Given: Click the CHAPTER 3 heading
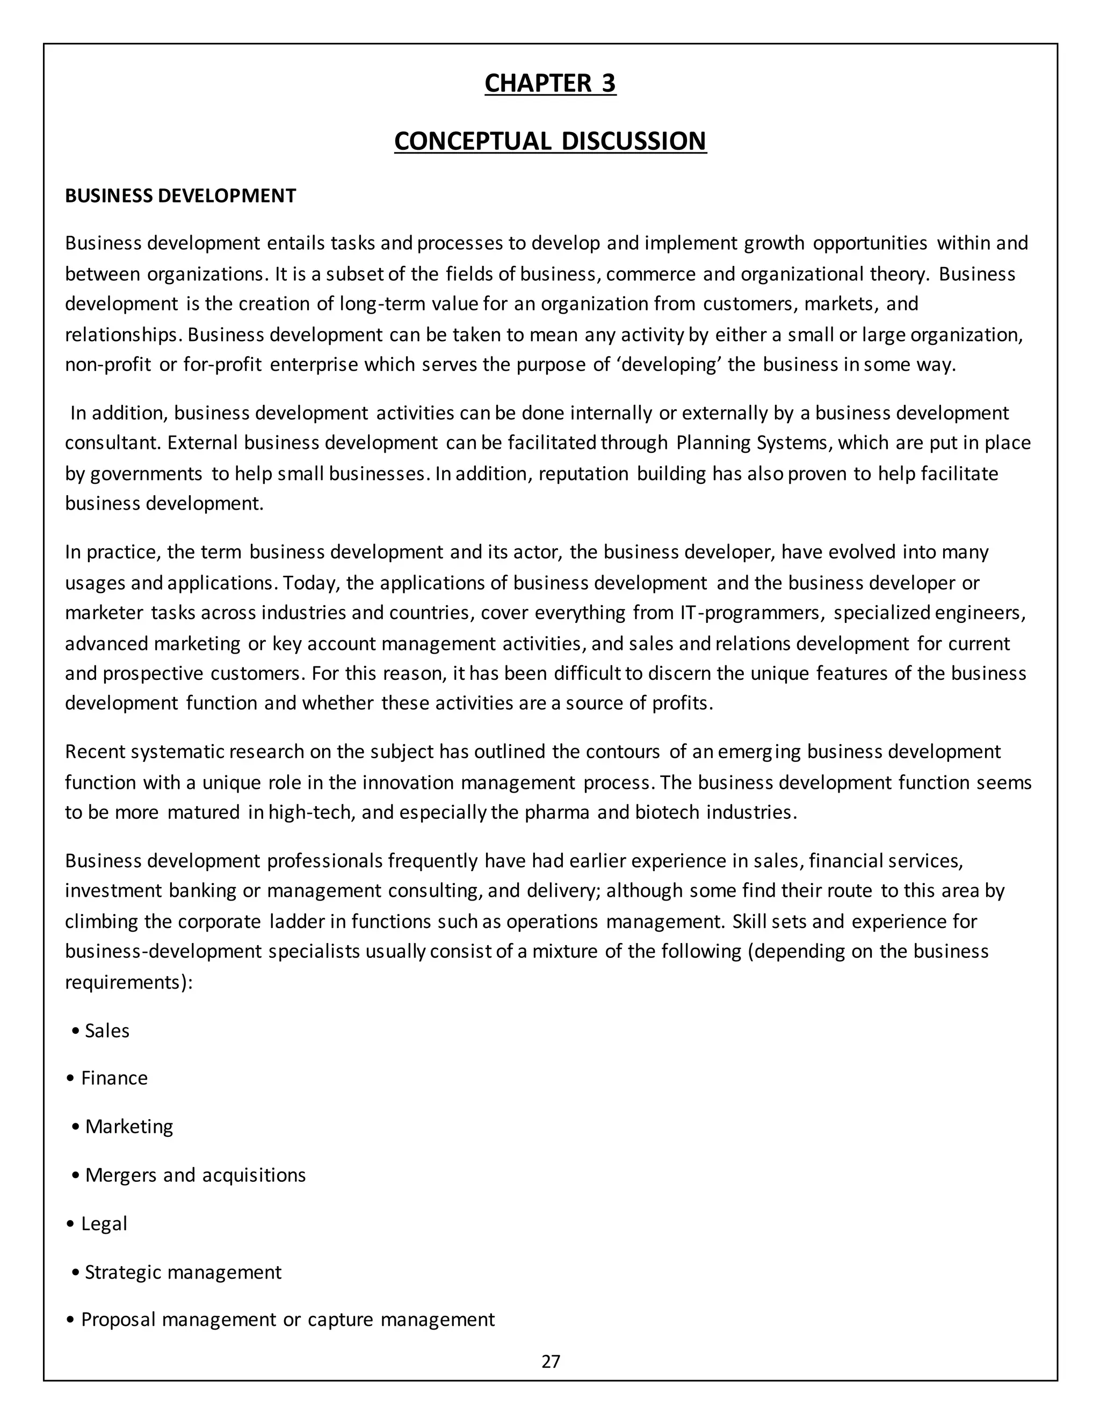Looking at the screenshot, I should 550,83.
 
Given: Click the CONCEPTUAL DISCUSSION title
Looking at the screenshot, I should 550,141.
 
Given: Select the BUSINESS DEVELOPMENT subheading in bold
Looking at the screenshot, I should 180,195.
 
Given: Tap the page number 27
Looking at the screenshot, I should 551,1361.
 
